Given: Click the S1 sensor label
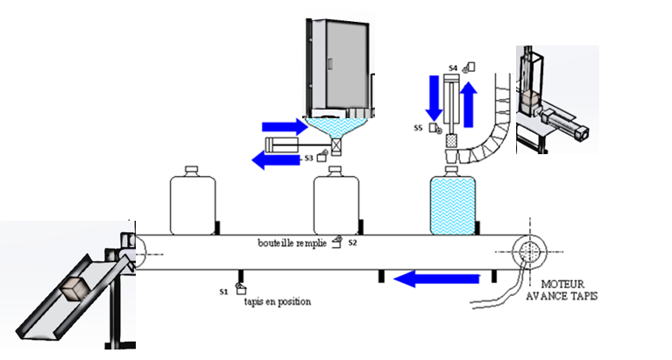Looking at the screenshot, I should [x=223, y=289].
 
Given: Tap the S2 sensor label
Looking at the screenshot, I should [x=353, y=242].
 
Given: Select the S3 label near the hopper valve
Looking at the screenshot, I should [x=309, y=159].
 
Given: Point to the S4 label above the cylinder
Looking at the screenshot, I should [x=453, y=67].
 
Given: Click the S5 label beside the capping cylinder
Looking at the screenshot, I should [x=419, y=128].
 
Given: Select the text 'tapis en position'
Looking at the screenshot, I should [x=277, y=301].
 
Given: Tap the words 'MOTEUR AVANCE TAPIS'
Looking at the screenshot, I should [x=568, y=290].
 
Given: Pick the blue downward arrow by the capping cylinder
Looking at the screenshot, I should [x=432, y=99].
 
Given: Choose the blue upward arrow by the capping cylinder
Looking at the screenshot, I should [x=470, y=103].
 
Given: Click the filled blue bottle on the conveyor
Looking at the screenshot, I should [x=453, y=203].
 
